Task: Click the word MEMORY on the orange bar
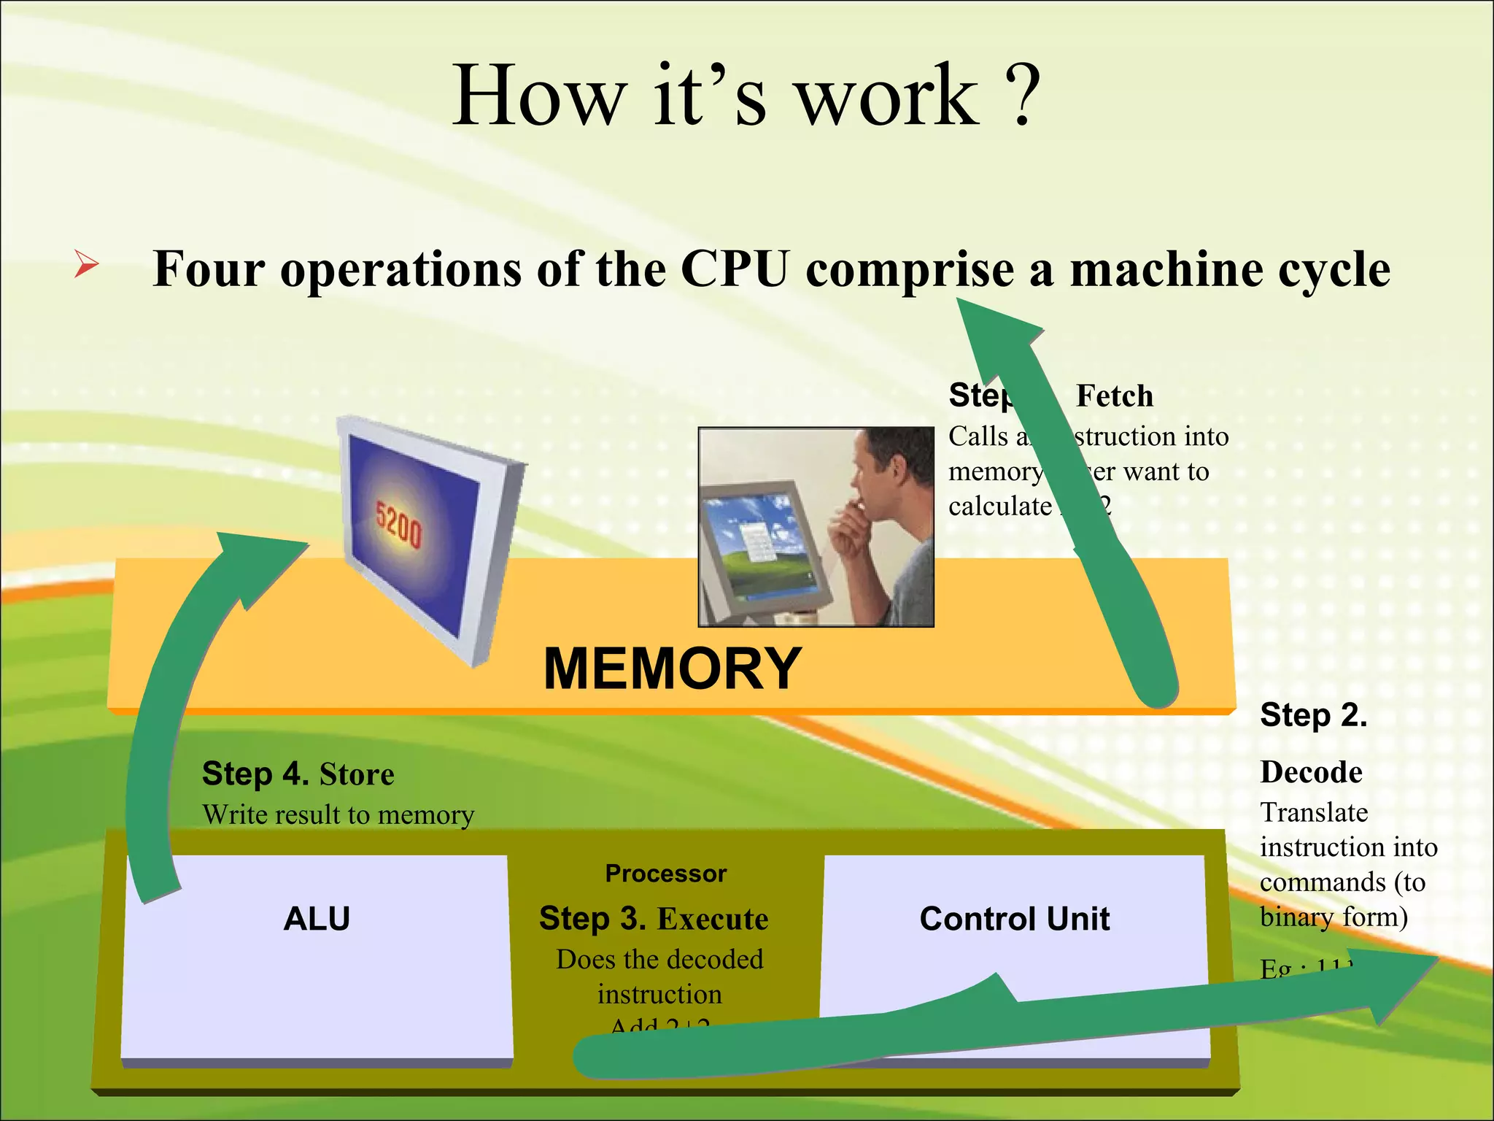coord(672,669)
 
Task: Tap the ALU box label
coord(317,918)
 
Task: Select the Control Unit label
coord(1014,918)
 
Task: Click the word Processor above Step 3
coord(665,874)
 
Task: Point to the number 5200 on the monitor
coord(398,523)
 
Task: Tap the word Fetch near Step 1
coord(1115,396)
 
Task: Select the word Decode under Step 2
coord(1311,772)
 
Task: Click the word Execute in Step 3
coord(712,919)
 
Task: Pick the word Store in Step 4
coord(357,774)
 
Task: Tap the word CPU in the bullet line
coord(735,269)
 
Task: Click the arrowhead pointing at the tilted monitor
coord(255,562)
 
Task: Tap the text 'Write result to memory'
coord(338,814)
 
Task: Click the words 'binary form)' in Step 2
coord(1334,917)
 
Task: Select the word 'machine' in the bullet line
coord(1166,269)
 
